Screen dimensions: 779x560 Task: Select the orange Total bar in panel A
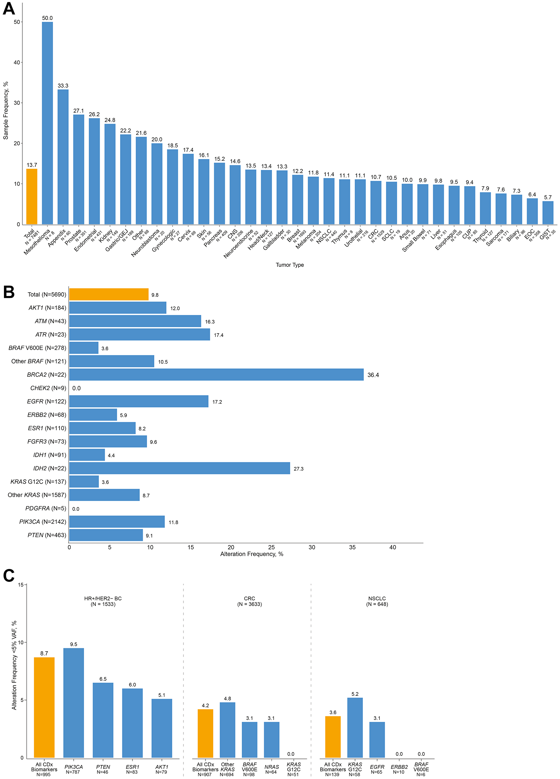(x=32, y=197)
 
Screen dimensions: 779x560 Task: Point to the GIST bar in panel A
(x=548, y=213)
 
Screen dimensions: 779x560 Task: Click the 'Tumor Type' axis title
(x=290, y=265)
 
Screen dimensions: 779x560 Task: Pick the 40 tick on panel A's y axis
(x=17, y=62)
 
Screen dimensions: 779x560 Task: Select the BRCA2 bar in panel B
(x=216, y=375)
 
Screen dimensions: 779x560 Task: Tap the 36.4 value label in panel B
(x=373, y=375)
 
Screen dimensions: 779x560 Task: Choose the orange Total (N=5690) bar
(x=109, y=294)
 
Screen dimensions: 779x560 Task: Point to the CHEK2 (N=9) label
(x=48, y=388)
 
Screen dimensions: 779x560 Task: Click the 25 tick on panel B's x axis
(x=271, y=547)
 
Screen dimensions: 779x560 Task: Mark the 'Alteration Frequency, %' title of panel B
(x=251, y=554)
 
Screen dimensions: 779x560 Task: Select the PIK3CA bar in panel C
(x=74, y=703)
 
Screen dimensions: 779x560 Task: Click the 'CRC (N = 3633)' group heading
(x=249, y=601)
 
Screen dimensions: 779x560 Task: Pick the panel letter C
(x=9, y=576)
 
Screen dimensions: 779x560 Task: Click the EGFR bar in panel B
(x=139, y=402)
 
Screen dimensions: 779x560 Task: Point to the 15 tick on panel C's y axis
(x=21, y=585)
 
